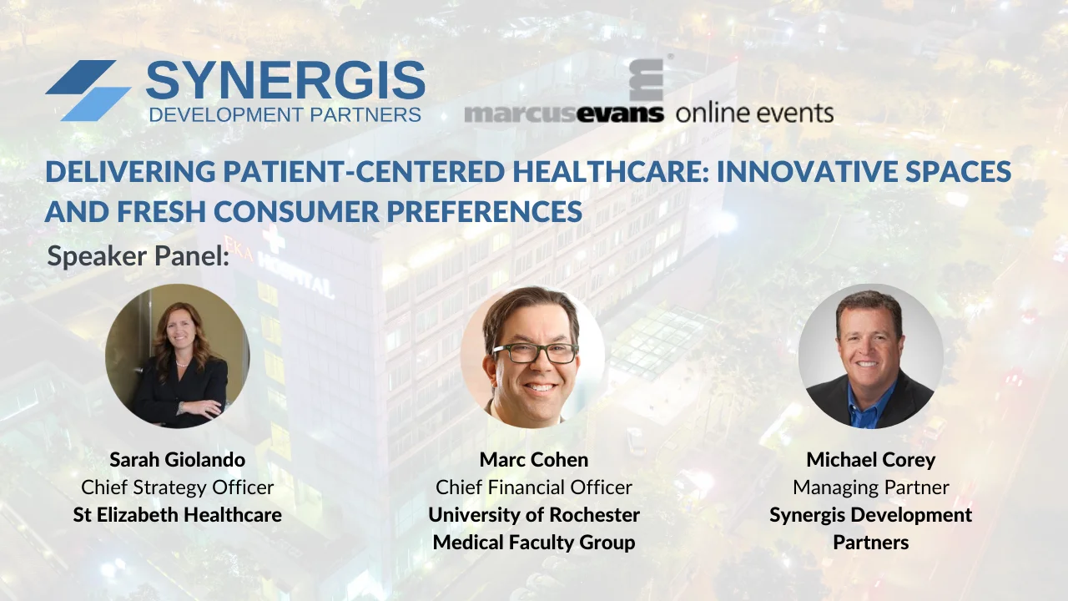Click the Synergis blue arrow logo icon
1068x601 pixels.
(x=88, y=90)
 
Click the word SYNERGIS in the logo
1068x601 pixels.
(x=285, y=81)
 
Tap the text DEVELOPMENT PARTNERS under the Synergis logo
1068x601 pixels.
(x=285, y=114)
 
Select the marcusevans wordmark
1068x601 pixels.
(x=564, y=113)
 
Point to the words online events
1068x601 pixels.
(x=754, y=113)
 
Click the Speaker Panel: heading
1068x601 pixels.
(x=138, y=256)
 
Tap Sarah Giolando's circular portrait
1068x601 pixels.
(x=177, y=356)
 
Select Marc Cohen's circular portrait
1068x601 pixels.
(x=532, y=357)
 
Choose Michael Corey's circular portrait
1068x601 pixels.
(x=870, y=356)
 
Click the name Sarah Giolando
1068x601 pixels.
(x=177, y=460)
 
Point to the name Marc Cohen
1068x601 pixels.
(x=534, y=460)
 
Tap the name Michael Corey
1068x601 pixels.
(x=870, y=460)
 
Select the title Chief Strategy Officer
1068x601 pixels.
(x=177, y=487)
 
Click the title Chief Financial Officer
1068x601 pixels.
(x=534, y=487)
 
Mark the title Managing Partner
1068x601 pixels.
(x=870, y=487)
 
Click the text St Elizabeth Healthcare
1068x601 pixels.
(x=177, y=514)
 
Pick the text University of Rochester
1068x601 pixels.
(x=534, y=514)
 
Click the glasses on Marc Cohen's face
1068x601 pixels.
(x=536, y=353)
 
